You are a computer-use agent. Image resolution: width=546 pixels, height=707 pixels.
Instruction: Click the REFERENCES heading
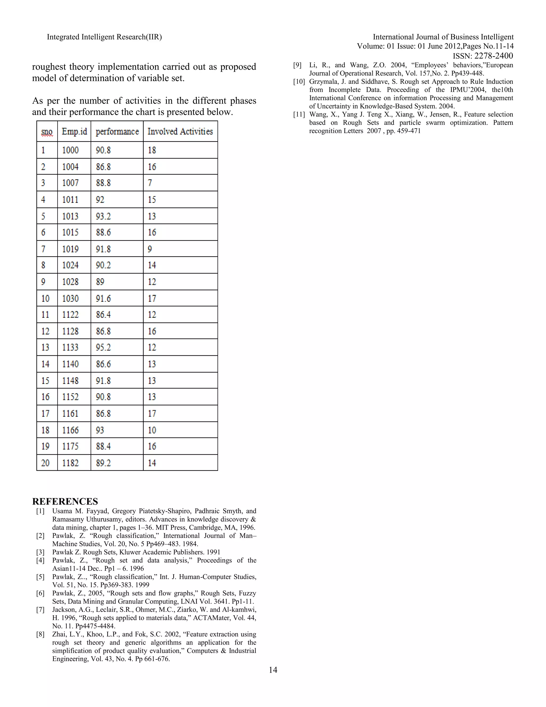click(65, 502)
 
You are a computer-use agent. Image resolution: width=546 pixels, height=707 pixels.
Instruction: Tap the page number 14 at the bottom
click(273, 670)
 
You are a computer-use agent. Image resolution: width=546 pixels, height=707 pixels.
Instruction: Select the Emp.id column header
click(74, 132)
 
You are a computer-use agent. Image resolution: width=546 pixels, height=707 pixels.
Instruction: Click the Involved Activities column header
click(180, 132)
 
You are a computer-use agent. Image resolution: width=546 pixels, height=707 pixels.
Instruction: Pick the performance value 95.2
click(103, 347)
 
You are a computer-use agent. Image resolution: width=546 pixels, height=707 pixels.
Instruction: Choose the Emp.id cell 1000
click(70, 150)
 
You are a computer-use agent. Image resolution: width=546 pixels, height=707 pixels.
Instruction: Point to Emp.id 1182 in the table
click(70, 463)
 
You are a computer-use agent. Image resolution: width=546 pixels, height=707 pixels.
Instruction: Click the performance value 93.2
click(103, 216)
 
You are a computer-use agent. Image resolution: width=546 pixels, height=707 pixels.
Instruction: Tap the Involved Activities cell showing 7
click(150, 183)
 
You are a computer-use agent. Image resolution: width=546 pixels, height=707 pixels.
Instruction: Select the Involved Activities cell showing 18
click(152, 150)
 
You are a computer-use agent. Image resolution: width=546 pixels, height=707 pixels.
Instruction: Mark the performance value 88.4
click(103, 446)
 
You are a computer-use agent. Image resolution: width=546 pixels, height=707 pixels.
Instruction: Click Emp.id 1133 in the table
click(70, 347)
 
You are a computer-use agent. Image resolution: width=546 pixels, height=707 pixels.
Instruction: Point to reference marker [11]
click(299, 114)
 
